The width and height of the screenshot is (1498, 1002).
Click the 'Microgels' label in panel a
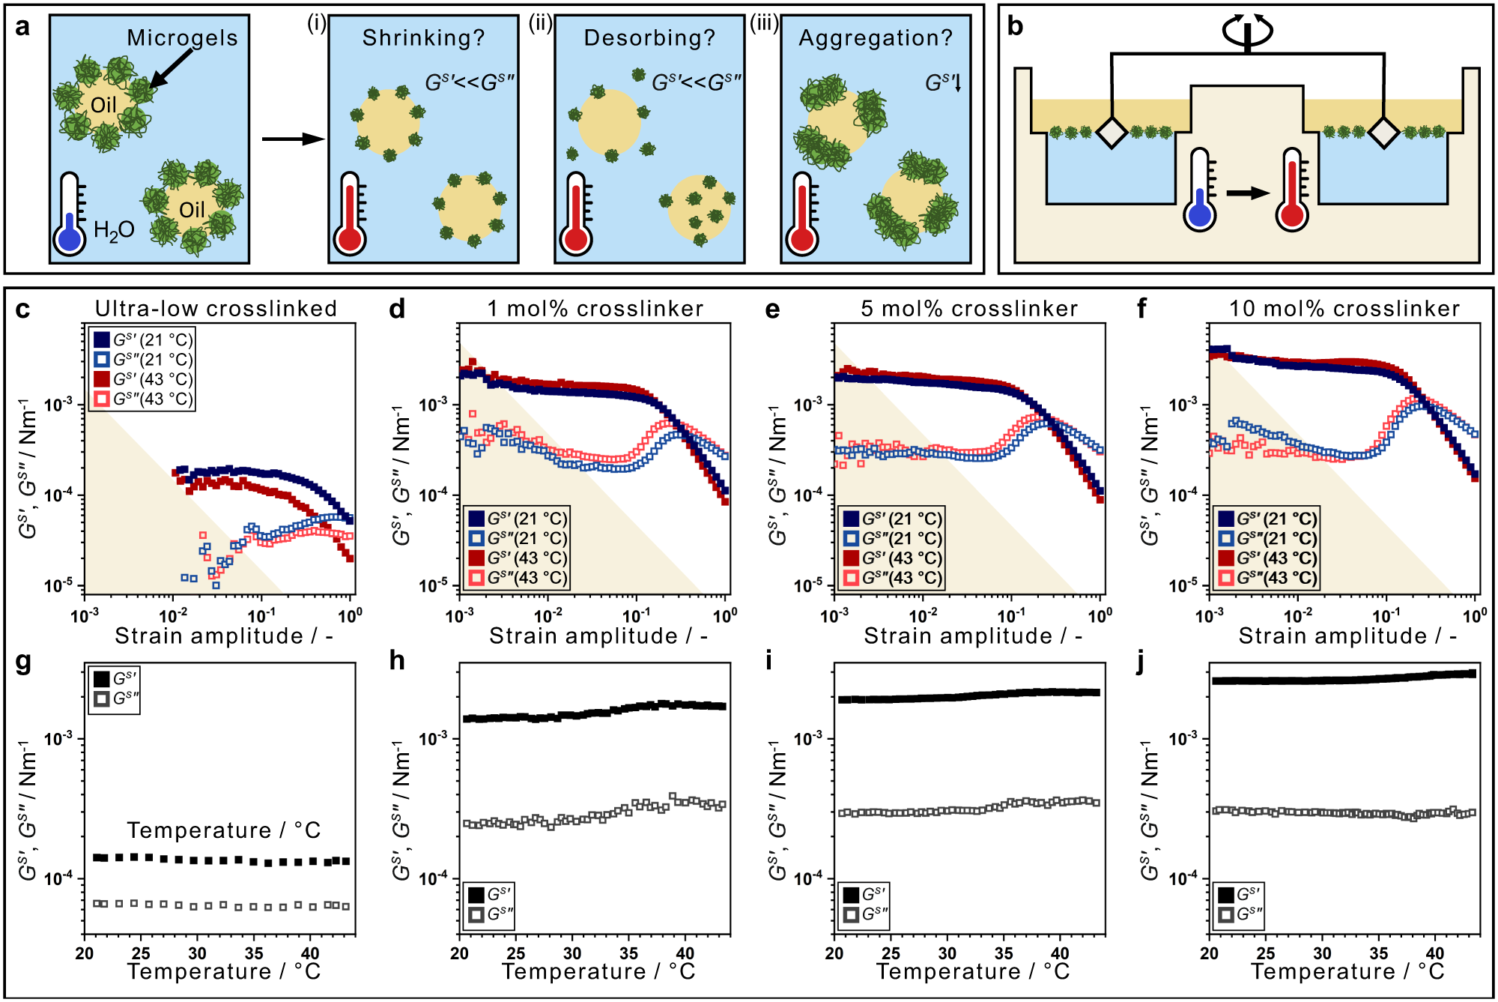coord(182,37)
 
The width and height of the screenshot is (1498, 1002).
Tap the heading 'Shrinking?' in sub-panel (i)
coord(424,37)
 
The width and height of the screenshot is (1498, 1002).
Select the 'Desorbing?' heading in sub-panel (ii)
coord(649,37)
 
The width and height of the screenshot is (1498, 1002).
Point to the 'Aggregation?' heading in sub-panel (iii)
coord(876,37)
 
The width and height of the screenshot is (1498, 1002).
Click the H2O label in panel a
coord(114,230)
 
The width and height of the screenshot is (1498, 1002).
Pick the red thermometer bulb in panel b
coord(1292,216)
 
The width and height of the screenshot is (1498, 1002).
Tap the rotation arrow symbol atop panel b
coord(1247,30)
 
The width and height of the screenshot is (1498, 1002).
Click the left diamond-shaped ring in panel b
coord(1112,133)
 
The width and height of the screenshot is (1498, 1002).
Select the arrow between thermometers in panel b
coord(1247,193)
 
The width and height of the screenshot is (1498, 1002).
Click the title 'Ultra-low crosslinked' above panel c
coord(216,308)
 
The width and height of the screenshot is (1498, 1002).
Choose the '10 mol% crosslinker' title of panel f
coord(1344,308)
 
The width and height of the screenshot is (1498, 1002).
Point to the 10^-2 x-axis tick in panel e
coord(923,616)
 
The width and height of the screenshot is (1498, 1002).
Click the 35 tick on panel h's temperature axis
coord(628,953)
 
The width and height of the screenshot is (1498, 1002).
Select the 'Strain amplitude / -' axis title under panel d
coord(598,636)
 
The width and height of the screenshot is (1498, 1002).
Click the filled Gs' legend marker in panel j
coord(1226,894)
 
